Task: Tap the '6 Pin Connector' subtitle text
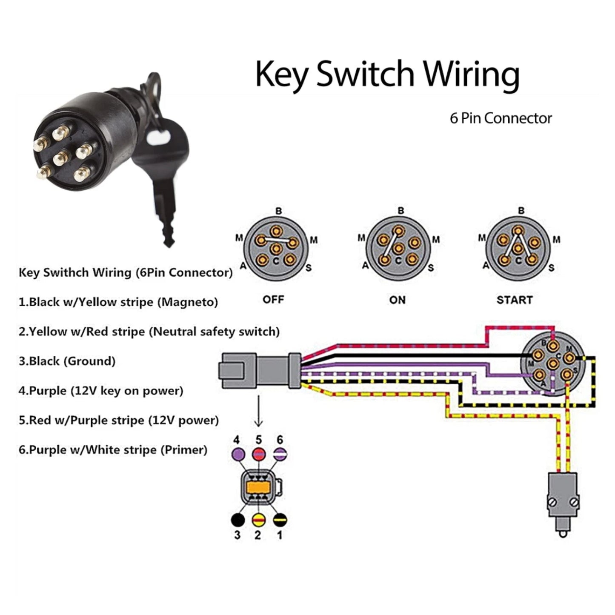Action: [x=501, y=118]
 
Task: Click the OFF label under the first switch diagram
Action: [x=273, y=300]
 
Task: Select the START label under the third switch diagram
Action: [x=514, y=300]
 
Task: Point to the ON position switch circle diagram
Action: [x=398, y=249]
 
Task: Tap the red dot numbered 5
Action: [x=259, y=455]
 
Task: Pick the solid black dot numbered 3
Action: [x=238, y=520]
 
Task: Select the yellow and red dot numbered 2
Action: [x=258, y=520]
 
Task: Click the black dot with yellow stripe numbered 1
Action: [x=280, y=520]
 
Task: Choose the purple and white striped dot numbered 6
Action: [x=280, y=455]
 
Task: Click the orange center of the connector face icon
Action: [x=258, y=486]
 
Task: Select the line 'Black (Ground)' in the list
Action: [x=67, y=361]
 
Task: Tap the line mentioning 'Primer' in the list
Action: [x=113, y=450]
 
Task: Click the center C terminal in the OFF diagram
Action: [x=276, y=249]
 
